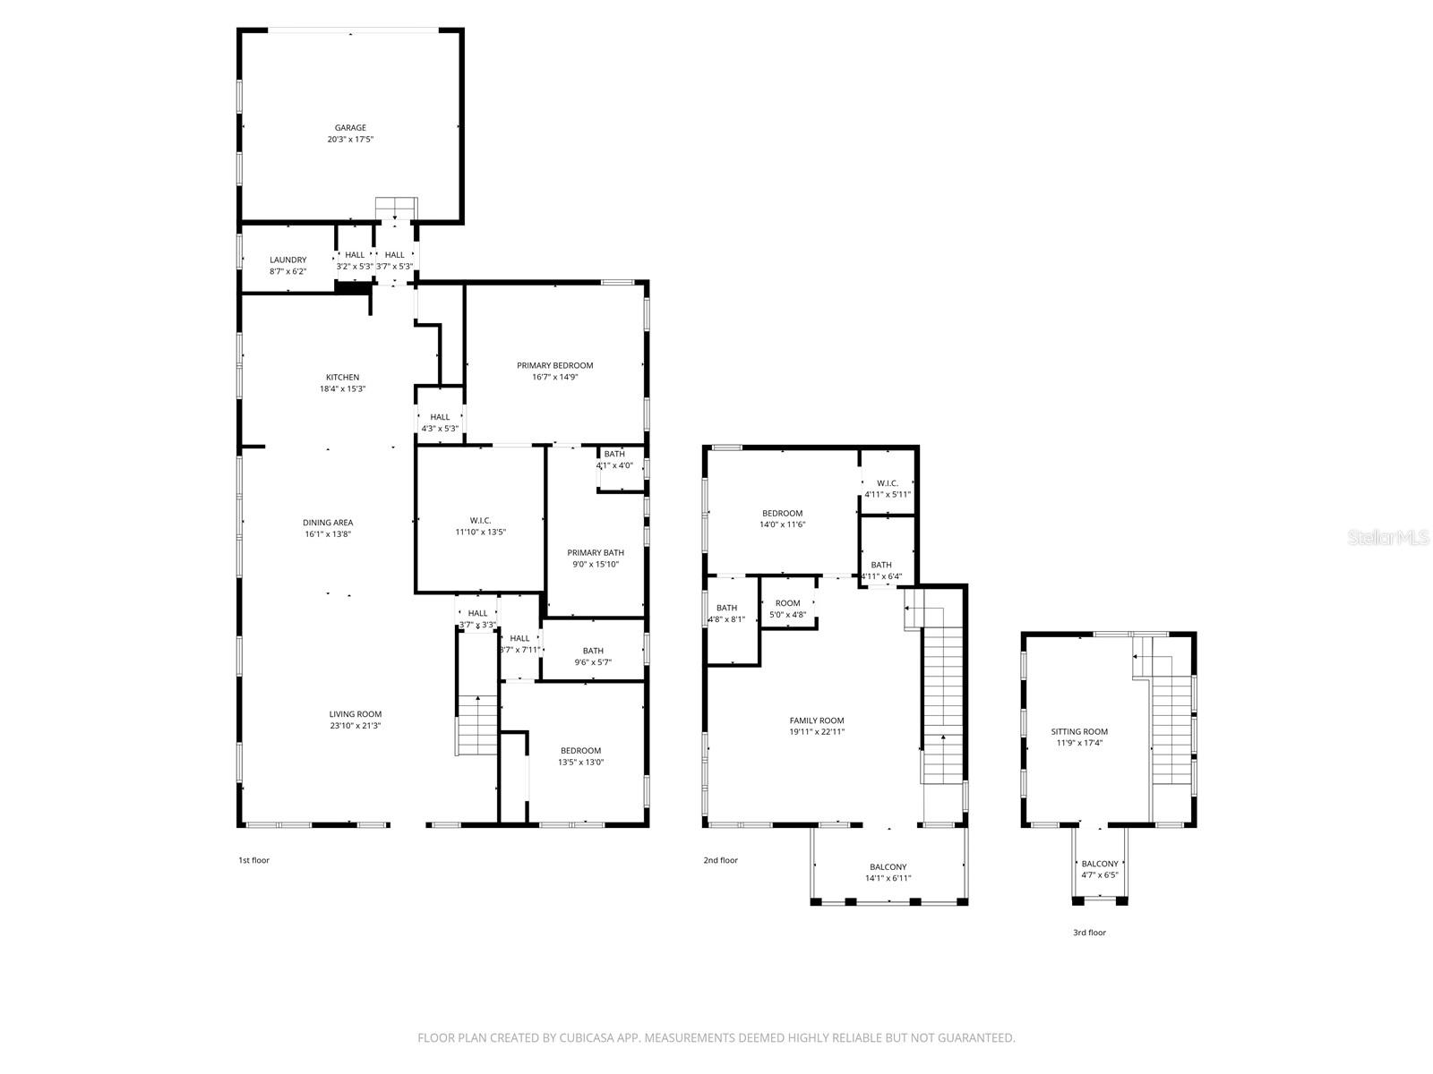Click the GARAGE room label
point(350,128)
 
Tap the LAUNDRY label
point(287,260)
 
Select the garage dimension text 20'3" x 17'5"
point(350,140)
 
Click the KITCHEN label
point(342,377)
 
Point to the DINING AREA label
point(328,522)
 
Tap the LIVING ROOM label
point(356,714)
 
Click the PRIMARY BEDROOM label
point(554,365)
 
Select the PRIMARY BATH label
point(596,553)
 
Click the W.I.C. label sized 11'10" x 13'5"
point(480,520)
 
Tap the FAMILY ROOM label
point(816,720)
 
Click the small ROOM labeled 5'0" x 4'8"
point(787,603)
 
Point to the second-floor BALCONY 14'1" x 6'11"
point(888,866)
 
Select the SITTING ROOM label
point(1079,731)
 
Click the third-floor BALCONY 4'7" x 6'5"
point(1100,864)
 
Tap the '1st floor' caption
point(253,860)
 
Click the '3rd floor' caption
point(1089,933)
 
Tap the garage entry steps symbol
point(396,208)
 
